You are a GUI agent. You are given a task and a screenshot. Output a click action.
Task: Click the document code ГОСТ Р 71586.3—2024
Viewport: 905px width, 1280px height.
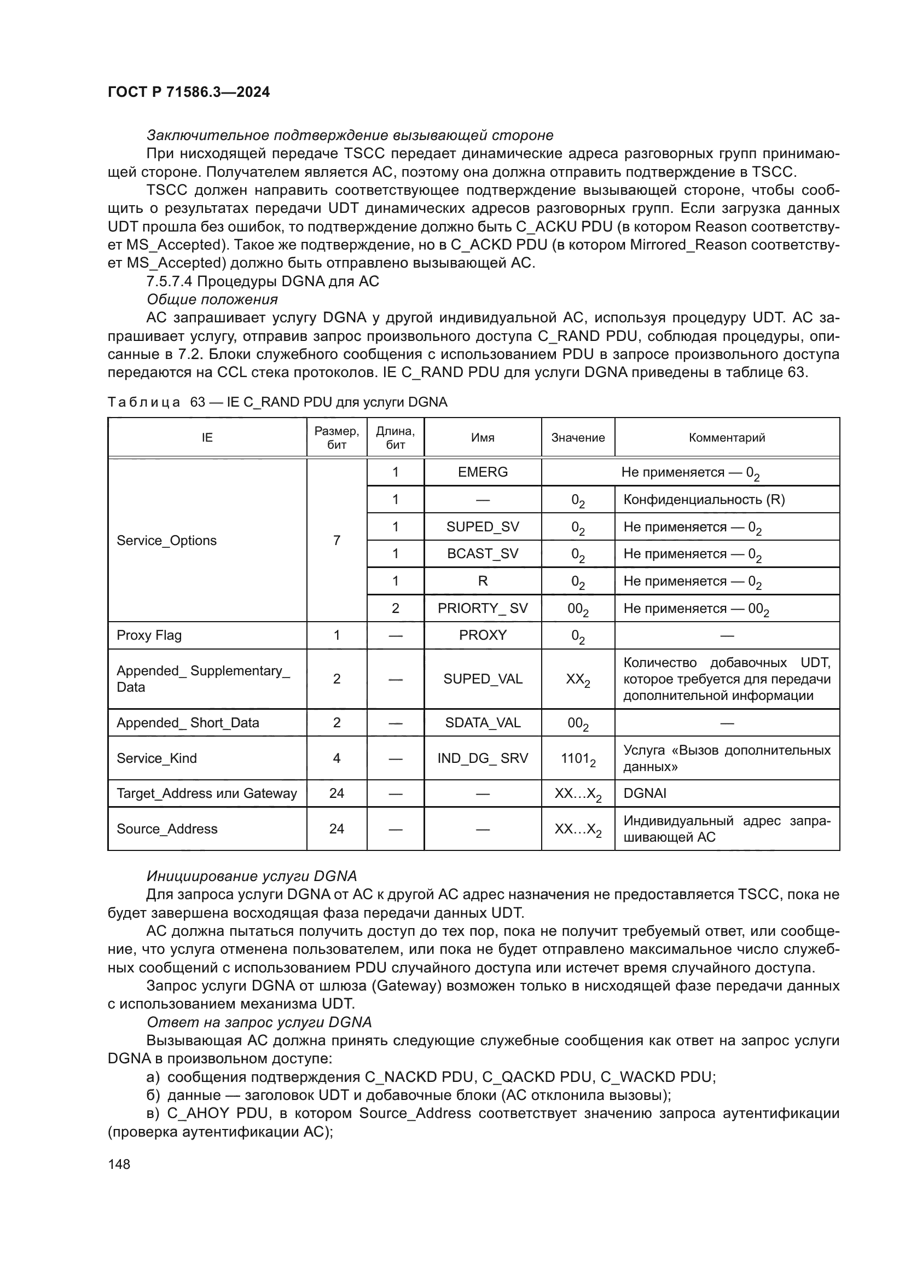(188, 92)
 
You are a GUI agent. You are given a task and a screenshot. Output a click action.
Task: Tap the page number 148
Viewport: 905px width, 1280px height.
(119, 1164)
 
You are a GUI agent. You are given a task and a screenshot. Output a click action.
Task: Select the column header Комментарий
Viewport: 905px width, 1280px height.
(727, 438)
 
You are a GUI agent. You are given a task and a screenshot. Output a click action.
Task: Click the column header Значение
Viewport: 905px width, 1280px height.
(578, 438)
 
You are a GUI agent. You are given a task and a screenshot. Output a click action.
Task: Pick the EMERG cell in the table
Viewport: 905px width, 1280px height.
(483, 472)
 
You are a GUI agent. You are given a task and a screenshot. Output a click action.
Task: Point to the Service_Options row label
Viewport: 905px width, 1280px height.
(167, 540)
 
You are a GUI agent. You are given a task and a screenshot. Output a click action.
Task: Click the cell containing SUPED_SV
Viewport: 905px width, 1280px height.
(483, 527)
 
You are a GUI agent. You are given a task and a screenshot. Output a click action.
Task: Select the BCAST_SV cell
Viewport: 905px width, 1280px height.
(483, 554)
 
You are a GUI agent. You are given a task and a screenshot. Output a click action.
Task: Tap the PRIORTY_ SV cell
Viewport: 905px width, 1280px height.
(483, 608)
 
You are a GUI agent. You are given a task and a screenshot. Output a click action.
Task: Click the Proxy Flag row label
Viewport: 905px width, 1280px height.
(149, 635)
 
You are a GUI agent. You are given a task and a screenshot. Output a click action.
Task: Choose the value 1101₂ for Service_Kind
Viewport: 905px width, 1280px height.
(578, 758)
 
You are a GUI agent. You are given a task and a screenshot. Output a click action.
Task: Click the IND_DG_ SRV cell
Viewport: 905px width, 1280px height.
(483, 758)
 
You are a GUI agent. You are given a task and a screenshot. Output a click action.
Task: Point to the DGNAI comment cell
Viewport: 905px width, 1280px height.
(645, 794)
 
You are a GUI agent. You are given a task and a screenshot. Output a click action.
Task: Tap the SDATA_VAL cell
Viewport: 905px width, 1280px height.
(483, 723)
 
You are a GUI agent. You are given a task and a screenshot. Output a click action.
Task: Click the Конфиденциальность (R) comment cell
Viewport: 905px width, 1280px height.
(704, 500)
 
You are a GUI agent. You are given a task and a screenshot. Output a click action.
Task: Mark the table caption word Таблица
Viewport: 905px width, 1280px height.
(144, 402)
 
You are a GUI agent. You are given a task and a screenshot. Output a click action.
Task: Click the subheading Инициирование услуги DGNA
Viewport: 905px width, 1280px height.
(251, 876)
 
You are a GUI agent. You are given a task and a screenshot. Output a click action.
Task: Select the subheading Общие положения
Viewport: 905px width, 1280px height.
(212, 299)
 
